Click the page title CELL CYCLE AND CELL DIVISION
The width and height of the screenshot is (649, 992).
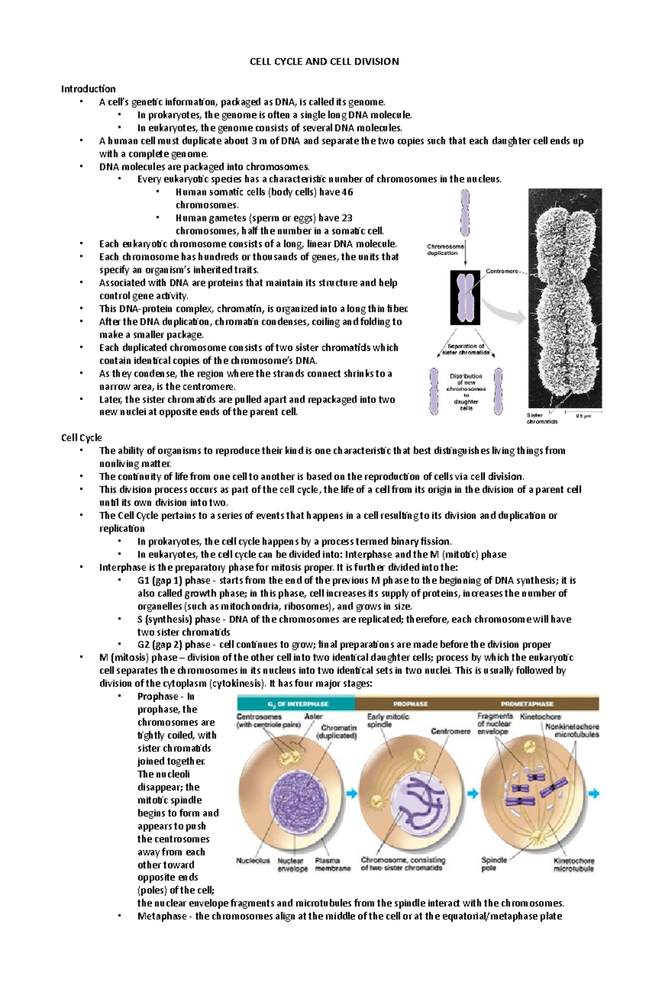pos(324,62)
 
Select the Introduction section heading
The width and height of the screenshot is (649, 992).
pos(88,89)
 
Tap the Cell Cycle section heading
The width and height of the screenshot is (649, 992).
pos(81,437)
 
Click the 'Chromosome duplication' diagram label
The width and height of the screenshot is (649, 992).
pos(443,250)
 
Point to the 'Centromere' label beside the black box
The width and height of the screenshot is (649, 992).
pos(504,271)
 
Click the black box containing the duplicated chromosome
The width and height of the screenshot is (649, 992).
pos(465,298)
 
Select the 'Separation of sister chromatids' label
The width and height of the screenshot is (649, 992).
pos(466,349)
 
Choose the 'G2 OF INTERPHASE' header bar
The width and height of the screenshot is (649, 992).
pos(296,704)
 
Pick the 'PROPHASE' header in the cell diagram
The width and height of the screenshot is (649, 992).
pos(410,704)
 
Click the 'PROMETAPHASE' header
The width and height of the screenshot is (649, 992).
pos(527,704)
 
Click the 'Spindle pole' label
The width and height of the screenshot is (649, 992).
pos(494,864)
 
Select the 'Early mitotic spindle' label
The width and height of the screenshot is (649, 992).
pos(388,721)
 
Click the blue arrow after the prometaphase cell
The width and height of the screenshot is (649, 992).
pos(594,794)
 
